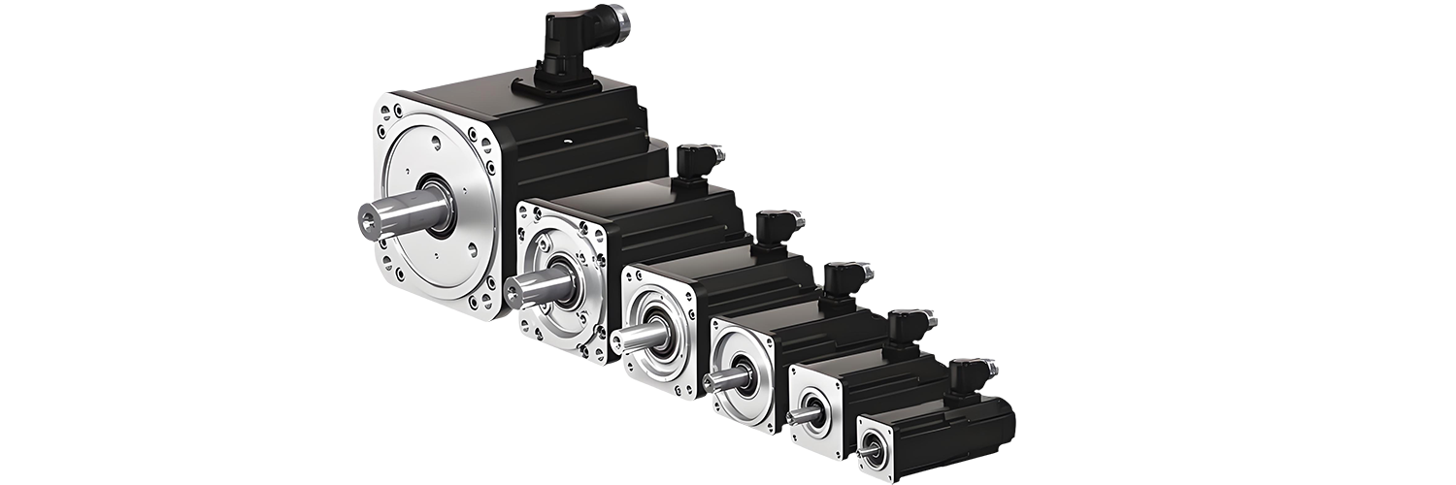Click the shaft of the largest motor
tap(393, 215)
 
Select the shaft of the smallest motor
tap(865, 452)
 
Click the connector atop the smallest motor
tap(971, 374)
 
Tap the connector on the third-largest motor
tap(778, 229)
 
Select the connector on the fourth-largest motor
tap(845, 279)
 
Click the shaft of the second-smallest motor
tap(801, 416)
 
